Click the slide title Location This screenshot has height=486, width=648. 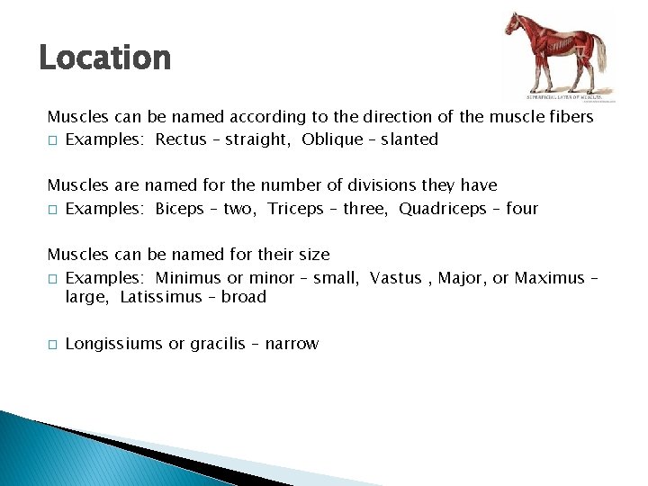(104, 58)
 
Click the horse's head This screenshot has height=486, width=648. (513, 24)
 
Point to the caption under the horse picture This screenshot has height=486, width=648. (569, 95)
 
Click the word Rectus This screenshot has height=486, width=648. (180, 139)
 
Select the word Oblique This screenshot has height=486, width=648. (332, 139)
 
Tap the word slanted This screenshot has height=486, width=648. (408, 139)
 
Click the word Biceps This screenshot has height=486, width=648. (180, 209)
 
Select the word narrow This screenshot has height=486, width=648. (292, 344)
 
